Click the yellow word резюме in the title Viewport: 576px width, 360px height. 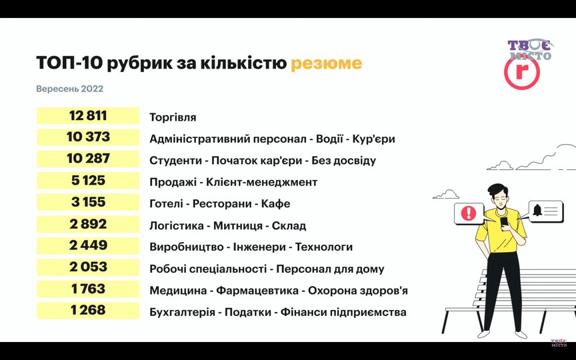click(326, 63)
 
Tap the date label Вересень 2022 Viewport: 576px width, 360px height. click(70, 89)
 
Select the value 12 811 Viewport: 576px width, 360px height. click(88, 116)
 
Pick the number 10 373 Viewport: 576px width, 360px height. click(88, 137)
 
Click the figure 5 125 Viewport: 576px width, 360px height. click(88, 181)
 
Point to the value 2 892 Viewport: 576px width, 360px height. click(88, 224)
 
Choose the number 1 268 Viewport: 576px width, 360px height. click(88, 311)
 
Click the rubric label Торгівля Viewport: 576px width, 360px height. click(173, 117)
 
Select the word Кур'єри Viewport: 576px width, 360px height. click(373, 139)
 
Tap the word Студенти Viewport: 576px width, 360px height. click(175, 161)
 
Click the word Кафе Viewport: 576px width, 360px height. click(275, 204)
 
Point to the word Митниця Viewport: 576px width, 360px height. click(238, 225)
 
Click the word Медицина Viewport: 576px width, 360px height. click(178, 291)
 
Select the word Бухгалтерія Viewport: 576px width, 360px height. click(182, 313)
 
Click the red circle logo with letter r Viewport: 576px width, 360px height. click(521, 73)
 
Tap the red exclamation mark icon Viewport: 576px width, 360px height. click(469, 213)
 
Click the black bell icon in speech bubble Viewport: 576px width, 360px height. click(537, 210)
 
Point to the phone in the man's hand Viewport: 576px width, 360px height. click(504, 222)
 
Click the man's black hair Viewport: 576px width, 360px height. click(498, 190)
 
